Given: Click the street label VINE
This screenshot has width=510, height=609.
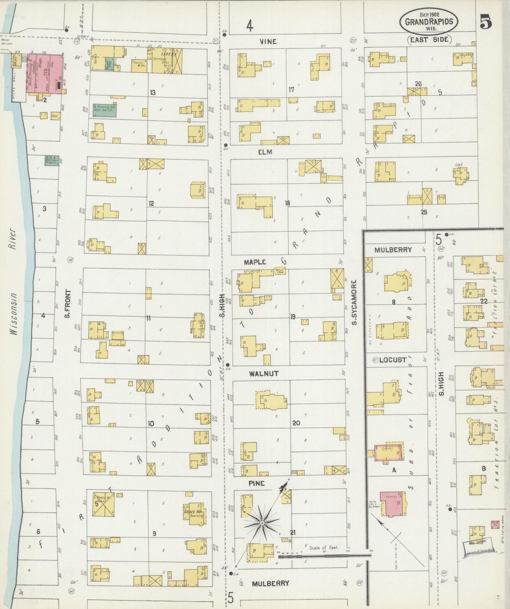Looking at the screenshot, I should (268, 42).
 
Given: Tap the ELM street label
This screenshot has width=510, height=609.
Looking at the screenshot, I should (265, 152).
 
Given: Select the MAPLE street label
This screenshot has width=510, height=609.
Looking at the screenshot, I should (254, 262).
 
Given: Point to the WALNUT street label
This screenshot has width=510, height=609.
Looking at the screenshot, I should (264, 374).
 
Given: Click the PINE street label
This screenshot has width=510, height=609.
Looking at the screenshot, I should (256, 483).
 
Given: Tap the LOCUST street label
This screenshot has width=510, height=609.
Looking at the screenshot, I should (392, 360).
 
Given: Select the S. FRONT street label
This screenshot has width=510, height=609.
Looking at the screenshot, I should (68, 304).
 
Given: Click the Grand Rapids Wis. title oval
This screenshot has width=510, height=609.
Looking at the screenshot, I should (429, 22).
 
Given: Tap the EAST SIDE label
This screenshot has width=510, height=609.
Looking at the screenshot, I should (429, 40).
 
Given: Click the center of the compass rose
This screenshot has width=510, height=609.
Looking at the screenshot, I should (262, 522).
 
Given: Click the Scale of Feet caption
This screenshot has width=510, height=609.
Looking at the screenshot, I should (324, 547).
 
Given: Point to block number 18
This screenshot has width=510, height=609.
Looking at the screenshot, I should (288, 203).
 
